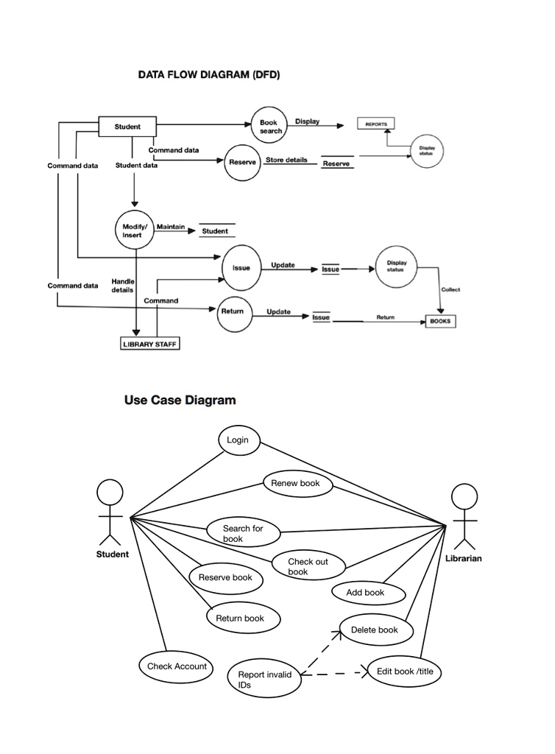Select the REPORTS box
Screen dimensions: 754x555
375,124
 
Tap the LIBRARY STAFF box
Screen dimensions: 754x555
149,344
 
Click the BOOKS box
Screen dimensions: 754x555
441,322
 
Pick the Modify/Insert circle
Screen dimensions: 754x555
134,229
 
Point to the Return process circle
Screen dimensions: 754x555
232,311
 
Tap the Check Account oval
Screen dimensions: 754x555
177,666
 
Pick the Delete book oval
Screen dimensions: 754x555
375,630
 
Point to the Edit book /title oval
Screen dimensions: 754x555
403,671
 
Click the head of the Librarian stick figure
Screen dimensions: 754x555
464,496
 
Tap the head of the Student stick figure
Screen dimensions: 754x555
110,492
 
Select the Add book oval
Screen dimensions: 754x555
365,592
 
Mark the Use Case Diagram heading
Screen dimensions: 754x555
180,401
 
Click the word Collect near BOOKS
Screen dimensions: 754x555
450,289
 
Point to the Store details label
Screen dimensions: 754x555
286,160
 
